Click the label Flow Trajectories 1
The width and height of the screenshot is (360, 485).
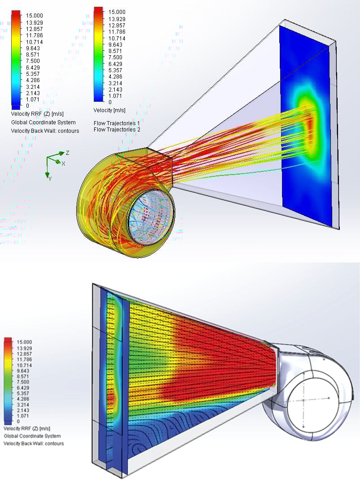tap(117, 123)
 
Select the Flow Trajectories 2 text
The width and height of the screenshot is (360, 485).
tap(117, 130)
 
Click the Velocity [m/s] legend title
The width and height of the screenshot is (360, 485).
tap(109, 110)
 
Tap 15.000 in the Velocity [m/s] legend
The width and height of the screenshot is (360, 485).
tap(117, 12)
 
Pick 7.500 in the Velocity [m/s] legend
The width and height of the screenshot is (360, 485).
tap(115, 57)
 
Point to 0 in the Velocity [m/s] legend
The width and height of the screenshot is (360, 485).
tap(110, 102)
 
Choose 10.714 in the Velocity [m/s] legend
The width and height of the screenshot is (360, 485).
tap(117, 38)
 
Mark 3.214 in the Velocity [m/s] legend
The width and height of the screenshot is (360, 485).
tap(115, 83)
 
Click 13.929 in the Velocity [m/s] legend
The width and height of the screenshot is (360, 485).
tap(117, 19)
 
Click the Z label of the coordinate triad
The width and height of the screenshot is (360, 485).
tap(67, 153)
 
